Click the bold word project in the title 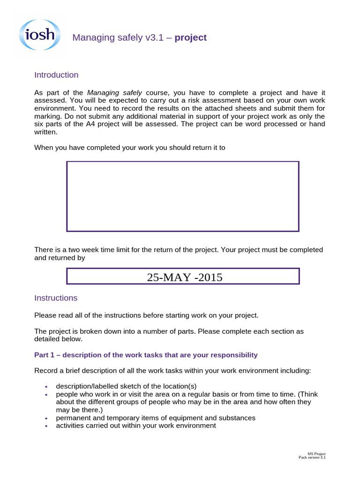[190, 38]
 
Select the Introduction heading [56, 75]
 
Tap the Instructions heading [56, 298]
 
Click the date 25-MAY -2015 [184, 277]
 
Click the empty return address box [182, 196]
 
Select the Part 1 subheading [146, 355]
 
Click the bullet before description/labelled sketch [46, 387]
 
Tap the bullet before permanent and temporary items [46, 418]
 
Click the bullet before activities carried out [46, 426]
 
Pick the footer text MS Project [316, 454]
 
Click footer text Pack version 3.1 [312, 457]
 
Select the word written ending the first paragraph [46, 132]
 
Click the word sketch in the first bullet [130, 386]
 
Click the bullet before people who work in [46, 395]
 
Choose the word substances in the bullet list [240, 418]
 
